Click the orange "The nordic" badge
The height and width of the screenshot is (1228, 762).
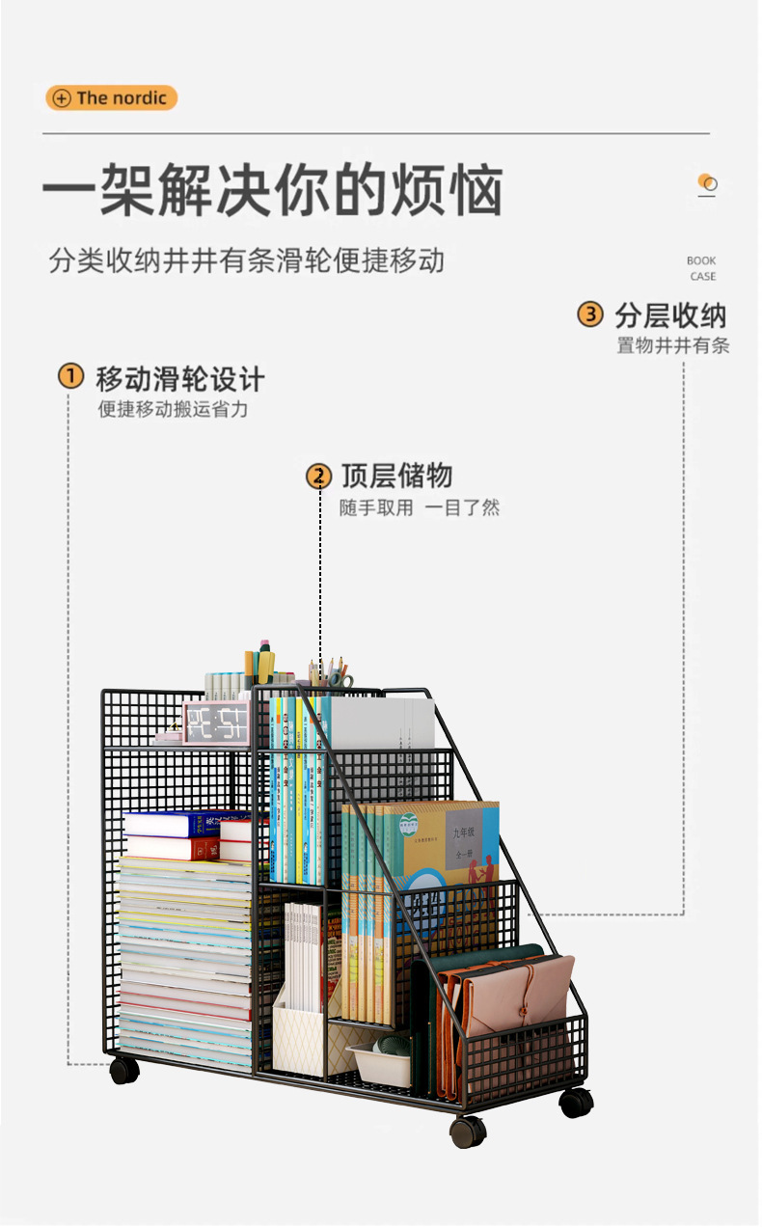coord(111,97)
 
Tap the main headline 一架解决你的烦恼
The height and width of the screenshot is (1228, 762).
coord(272,190)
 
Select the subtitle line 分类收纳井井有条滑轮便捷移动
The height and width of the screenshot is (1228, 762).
coord(247,260)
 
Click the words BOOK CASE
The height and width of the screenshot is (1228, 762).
coord(701,268)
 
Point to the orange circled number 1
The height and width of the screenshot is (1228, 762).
coord(70,376)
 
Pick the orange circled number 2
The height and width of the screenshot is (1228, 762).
coord(318,476)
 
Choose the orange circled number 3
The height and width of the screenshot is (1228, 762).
coord(590,314)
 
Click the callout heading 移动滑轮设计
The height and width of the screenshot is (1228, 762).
coord(179,377)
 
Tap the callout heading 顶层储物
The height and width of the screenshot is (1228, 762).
coord(396,476)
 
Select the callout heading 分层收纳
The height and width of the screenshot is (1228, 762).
coord(670,314)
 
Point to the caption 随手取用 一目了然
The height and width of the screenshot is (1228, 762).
coord(420,507)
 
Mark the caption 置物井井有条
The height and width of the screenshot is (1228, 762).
coord(673,345)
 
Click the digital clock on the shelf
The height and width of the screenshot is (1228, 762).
coord(216,723)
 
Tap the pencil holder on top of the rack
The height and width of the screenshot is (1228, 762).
coord(331,675)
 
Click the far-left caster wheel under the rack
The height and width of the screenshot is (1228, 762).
coord(123,1070)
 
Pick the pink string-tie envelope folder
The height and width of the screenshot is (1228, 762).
coord(518,998)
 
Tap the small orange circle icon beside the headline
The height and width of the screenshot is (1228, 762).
coord(707,182)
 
